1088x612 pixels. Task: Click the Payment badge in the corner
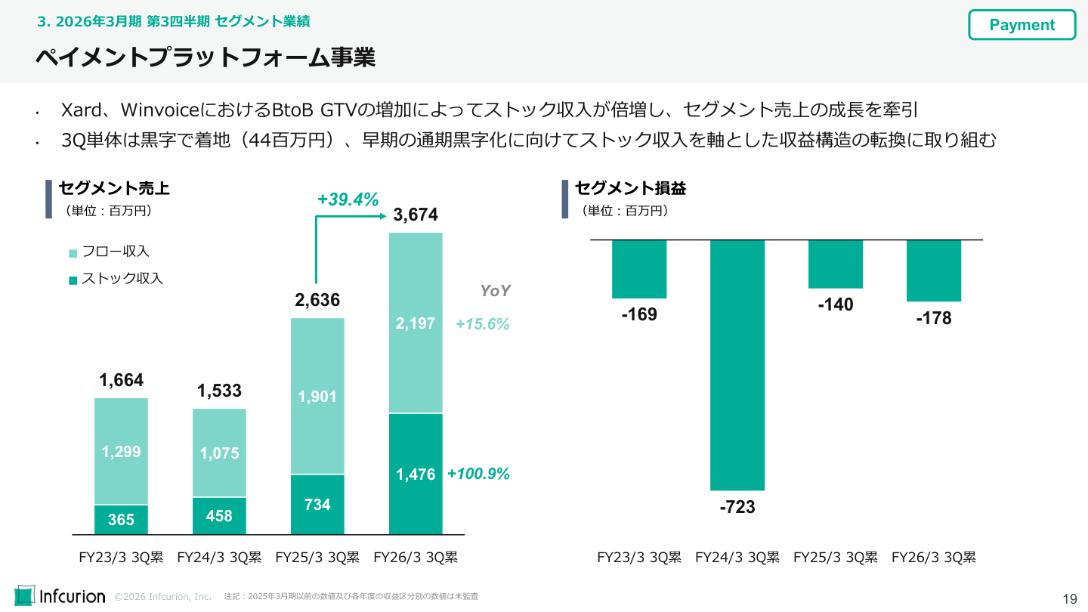[x=1022, y=25]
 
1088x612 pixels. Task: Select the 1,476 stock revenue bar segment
[x=416, y=474]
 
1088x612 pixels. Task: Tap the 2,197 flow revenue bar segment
[x=416, y=323]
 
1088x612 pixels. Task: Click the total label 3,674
[x=416, y=215]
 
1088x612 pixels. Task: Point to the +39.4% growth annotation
[x=348, y=199]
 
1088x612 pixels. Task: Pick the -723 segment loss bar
[x=737, y=365]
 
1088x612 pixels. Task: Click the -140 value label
[x=835, y=304]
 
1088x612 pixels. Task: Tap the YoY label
[x=496, y=291]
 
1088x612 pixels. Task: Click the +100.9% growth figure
[x=478, y=474]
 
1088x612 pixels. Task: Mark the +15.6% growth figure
[x=482, y=324]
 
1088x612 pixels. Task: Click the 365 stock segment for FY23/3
[x=121, y=520]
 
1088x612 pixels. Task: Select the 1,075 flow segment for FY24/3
[x=219, y=453]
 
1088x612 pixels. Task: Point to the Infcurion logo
[x=60, y=595]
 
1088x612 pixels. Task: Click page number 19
[x=1069, y=599]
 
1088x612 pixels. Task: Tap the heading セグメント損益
[x=630, y=188]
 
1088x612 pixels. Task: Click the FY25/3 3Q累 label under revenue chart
[x=317, y=558]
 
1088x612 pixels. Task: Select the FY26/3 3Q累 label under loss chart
[x=933, y=558]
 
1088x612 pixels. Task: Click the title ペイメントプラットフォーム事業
[x=206, y=57]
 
